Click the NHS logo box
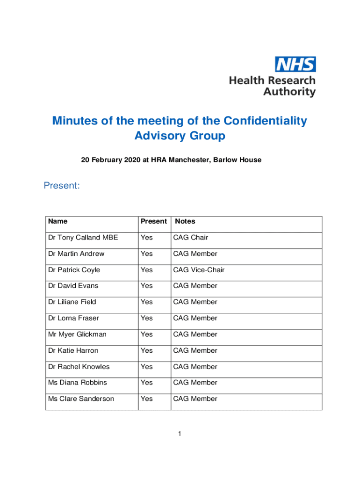tap(295, 64)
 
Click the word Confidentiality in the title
tap(265, 121)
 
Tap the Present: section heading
tap(62, 186)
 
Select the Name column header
tap(58, 221)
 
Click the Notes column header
tap(185, 221)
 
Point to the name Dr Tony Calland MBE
tap(83, 238)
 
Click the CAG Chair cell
tap(190, 238)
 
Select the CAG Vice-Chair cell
tap(199, 270)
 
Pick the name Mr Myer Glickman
tap(77, 334)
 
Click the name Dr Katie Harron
tap(73, 350)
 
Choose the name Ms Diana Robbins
tap(77, 383)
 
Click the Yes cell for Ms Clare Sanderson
tap(147, 399)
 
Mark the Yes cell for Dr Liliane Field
tap(147, 302)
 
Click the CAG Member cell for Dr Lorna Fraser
tap(195, 318)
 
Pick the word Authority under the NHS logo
tap(289, 92)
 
